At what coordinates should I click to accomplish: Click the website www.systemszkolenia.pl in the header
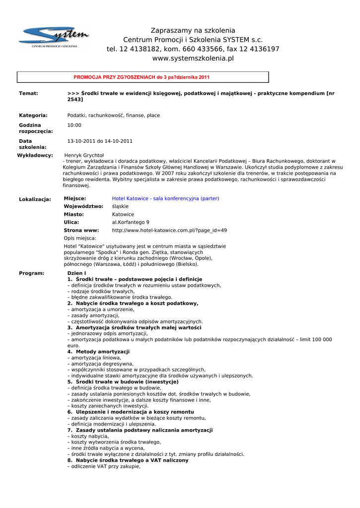(x=193, y=59)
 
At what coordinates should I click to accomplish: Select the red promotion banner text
(x=142, y=77)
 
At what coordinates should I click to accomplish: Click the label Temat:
(x=28, y=93)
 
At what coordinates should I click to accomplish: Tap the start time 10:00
(x=74, y=126)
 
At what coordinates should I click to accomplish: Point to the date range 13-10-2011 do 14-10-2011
(x=100, y=141)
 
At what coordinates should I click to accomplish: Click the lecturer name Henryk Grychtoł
(x=84, y=155)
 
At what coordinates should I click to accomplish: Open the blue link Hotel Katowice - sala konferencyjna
(x=165, y=198)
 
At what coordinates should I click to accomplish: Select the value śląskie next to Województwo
(x=120, y=206)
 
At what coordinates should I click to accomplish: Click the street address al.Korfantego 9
(x=131, y=222)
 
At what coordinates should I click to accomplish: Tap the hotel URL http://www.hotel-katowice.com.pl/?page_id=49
(x=169, y=230)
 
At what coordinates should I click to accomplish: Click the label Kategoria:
(x=33, y=116)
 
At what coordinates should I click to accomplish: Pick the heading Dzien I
(x=76, y=273)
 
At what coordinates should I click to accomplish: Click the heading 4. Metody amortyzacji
(x=98, y=352)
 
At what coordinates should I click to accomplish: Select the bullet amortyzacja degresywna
(x=102, y=364)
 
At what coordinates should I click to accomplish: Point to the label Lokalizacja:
(x=35, y=199)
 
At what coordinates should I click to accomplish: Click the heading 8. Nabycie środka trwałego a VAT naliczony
(x=128, y=460)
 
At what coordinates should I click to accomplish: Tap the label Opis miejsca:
(x=80, y=238)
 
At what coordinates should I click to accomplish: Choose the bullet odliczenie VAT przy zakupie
(x=104, y=466)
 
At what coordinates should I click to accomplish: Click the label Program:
(x=31, y=273)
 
